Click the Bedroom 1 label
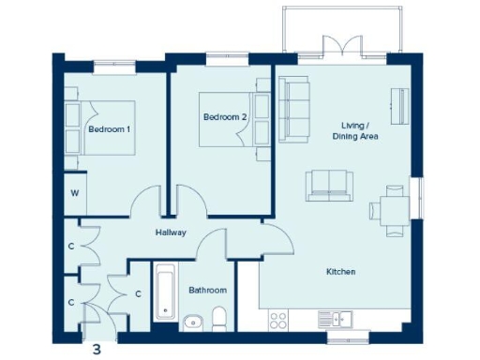tap(108, 129)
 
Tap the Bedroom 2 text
tap(224, 117)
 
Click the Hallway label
tap(172, 232)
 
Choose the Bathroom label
tap(208, 291)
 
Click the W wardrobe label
tap(71, 195)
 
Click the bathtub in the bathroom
tap(166, 293)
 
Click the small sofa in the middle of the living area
tap(327, 184)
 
